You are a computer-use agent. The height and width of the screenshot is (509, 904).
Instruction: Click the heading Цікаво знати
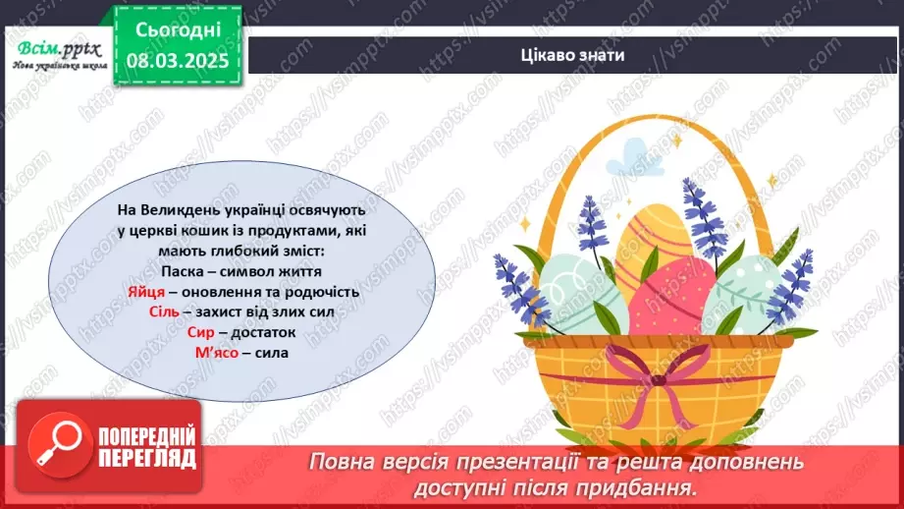(574, 54)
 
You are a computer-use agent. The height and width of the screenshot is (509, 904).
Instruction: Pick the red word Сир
(198, 333)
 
